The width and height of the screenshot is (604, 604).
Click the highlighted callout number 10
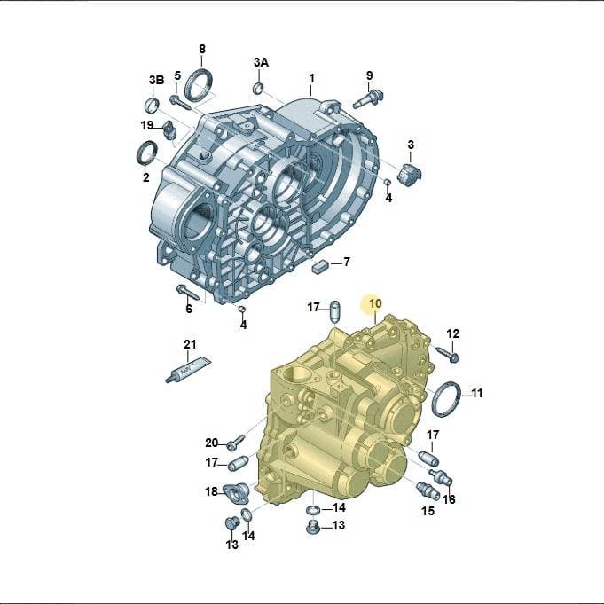(375, 303)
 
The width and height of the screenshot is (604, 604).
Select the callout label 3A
(261, 62)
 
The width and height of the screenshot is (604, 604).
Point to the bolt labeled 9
(368, 98)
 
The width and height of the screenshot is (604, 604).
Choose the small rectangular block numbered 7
(319, 265)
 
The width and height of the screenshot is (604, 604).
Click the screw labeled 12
(448, 354)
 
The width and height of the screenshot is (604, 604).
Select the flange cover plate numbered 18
(236, 492)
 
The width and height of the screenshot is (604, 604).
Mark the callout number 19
(146, 125)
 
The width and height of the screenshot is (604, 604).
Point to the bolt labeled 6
(187, 293)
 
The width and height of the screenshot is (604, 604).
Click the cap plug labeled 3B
(153, 106)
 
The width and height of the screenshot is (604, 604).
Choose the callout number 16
(449, 499)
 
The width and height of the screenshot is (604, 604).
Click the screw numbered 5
(180, 102)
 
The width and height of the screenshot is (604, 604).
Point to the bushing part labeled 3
(409, 174)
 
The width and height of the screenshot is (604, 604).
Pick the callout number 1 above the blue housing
(311, 78)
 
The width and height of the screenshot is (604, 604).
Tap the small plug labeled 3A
(258, 88)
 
